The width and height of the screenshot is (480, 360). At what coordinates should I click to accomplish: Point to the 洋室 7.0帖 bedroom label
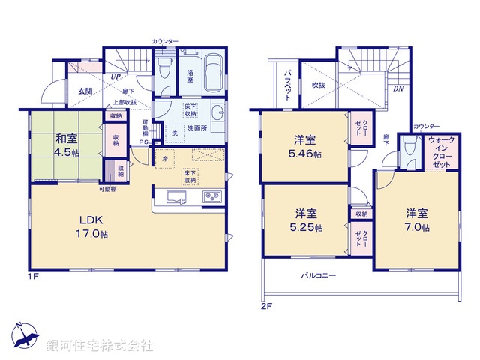point(417,218)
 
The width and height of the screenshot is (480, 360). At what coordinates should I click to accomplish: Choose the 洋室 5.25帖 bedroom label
point(304,219)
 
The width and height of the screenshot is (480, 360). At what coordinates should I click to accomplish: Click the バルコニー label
point(319,275)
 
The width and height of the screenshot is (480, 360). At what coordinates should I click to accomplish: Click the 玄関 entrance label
point(84,91)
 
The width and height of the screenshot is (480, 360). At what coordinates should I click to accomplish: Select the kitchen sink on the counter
point(175,199)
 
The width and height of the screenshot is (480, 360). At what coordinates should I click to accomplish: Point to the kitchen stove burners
point(211,199)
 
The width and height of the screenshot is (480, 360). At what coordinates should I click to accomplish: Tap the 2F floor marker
point(265,305)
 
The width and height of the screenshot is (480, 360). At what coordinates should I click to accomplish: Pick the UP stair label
point(116,76)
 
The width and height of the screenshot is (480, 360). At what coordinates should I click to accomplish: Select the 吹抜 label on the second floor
point(318,85)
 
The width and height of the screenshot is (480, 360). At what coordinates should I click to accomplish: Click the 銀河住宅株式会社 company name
point(99,346)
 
